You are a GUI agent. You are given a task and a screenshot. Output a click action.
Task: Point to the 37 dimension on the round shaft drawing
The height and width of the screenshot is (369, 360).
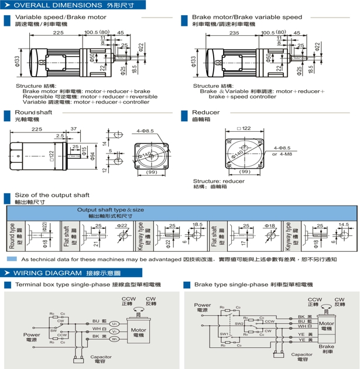(x=73, y=129)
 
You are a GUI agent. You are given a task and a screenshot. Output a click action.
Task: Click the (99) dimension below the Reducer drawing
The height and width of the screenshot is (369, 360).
(x=245, y=172)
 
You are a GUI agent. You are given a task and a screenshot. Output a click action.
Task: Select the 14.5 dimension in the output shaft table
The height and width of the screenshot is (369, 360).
(x=344, y=225)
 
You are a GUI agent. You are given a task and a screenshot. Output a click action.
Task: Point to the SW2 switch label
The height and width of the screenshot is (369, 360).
(x=239, y=323)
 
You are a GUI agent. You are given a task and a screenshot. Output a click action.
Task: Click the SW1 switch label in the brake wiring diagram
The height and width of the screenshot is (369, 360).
(x=224, y=334)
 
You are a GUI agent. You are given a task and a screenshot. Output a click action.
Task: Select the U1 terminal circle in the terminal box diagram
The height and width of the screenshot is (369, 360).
(x=115, y=323)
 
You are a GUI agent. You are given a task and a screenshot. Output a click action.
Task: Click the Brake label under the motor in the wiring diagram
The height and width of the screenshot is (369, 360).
(x=326, y=347)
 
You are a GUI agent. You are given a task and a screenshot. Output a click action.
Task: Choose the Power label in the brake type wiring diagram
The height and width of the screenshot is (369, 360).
(x=203, y=305)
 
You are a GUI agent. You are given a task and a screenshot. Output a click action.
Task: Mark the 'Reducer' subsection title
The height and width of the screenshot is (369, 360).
(x=205, y=112)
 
